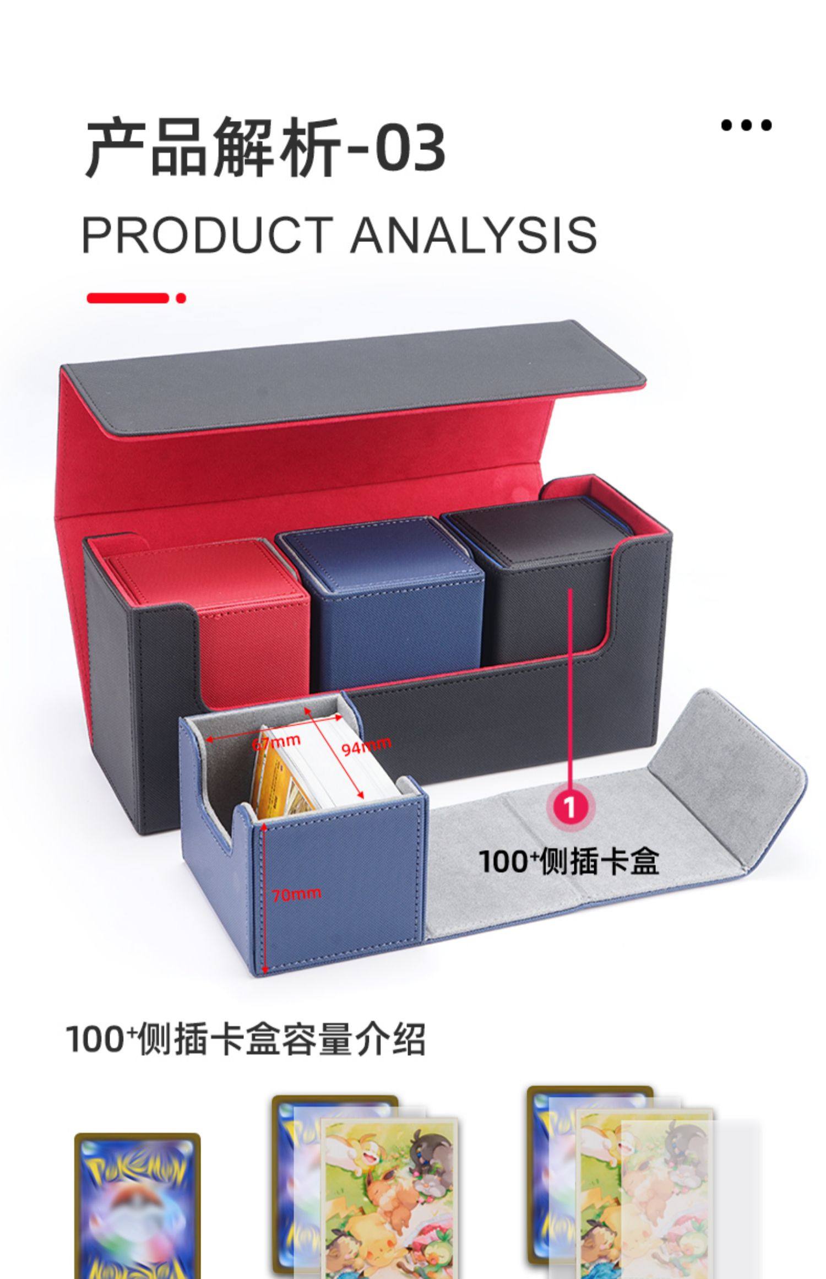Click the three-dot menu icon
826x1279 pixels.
(746, 126)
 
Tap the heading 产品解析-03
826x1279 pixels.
(264, 148)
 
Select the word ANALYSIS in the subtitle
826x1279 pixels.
(474, 235)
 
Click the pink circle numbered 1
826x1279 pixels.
(569, 807)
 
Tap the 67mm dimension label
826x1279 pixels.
(276, 741)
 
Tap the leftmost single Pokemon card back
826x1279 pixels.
(137, 1206)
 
